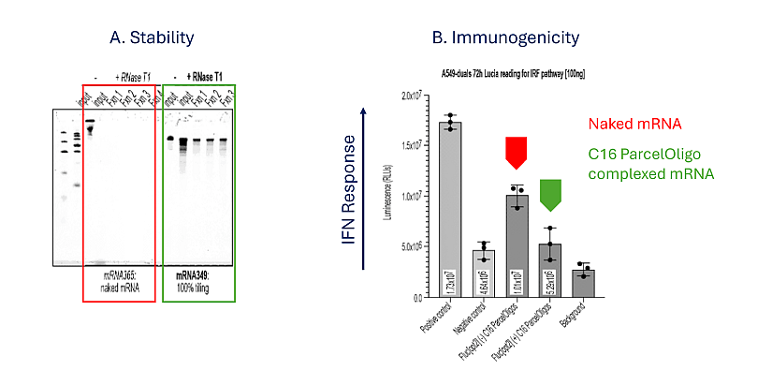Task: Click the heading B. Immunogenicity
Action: point(505,38)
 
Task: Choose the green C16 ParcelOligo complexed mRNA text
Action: point(651,165)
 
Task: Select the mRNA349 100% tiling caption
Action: point(197,282)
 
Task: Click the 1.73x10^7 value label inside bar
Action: point(451,278)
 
